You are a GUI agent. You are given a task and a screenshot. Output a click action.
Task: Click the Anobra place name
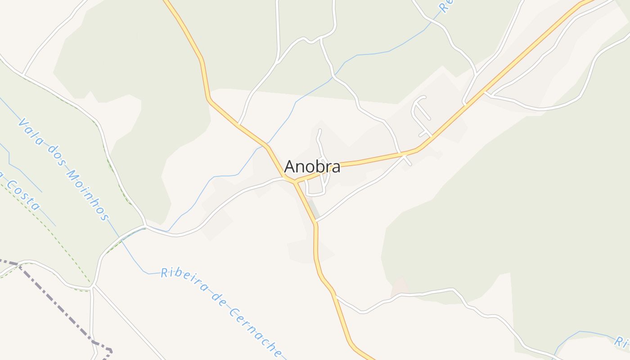point(312,167)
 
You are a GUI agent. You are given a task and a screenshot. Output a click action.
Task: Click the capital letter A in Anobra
point(290,167)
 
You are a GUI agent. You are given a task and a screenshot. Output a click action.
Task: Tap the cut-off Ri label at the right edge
point(622,342)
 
